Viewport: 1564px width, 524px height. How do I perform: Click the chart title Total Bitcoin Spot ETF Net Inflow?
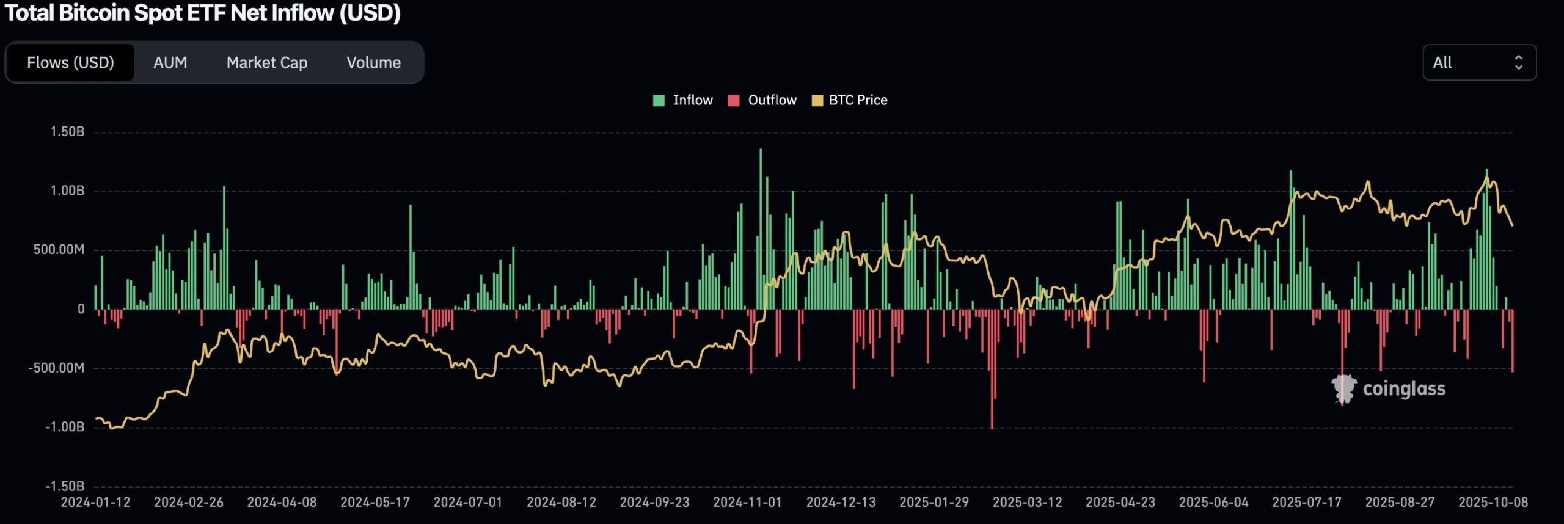coord(202,13)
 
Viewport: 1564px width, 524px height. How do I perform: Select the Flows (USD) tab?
coord(70,62)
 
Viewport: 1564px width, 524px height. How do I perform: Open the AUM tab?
coord(170,62)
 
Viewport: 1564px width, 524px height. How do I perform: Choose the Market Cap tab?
coord(267,62)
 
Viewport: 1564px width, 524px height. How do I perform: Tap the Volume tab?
coord(373,62)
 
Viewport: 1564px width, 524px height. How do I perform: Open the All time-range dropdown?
coord(1478,62)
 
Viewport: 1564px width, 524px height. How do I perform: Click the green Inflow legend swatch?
coord(659,101)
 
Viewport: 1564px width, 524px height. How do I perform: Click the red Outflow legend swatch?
coord(734,101)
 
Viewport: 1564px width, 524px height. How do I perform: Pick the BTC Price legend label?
coord(858,100)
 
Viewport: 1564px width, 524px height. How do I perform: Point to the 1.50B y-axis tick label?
coord(67,132)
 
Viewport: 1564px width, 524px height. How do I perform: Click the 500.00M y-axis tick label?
coord(59,250)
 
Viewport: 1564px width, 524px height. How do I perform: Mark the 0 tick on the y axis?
coord(81,309)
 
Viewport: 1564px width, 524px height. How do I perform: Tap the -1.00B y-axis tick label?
coord(65,427)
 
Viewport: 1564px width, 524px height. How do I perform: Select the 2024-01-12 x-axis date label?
coord(95,502)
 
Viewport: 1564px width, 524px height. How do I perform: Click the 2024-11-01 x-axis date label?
coord(747,502)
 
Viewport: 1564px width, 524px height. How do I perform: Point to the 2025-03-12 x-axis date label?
coord(1027,502)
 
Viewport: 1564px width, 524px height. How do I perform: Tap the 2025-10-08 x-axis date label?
coord(1493,502)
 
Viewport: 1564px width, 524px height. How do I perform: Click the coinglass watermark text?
coord(1404,389)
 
